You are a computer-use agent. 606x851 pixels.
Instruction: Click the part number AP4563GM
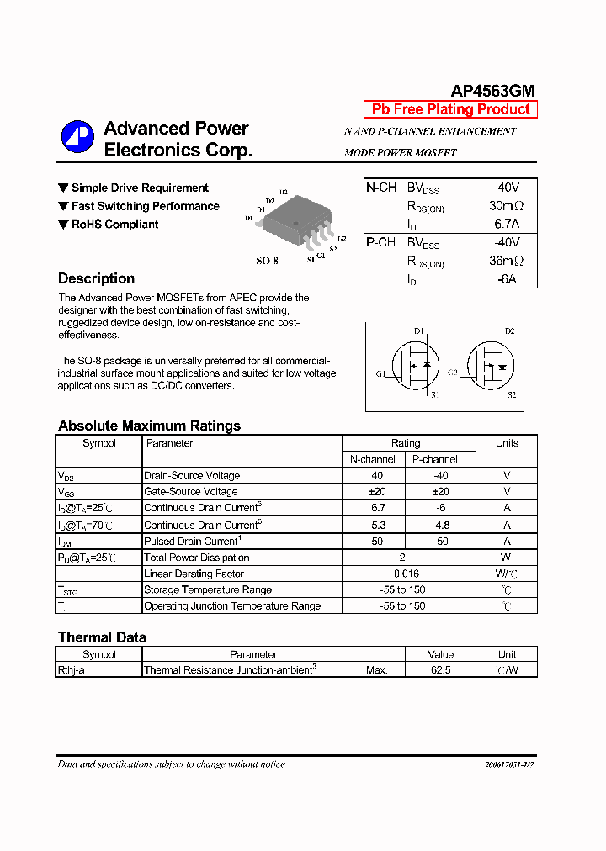point(492,92)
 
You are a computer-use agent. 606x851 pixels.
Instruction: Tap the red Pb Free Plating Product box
point(450,109)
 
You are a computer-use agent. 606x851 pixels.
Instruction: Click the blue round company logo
point(77,137)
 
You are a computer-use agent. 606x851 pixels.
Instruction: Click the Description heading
point(96,278)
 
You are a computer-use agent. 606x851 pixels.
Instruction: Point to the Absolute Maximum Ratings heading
point(149,425)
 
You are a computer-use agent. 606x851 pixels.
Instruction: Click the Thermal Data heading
point(102,637)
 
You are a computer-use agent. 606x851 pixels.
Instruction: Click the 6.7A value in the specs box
point(507,224)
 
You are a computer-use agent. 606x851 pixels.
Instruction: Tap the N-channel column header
point(373,459)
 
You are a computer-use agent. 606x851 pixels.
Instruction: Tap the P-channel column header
point(434,459)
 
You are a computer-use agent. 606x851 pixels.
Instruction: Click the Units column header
point(507,443)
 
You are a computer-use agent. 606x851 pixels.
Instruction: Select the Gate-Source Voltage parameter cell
point(191,492)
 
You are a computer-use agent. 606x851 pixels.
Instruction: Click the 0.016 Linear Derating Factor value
point(406,573)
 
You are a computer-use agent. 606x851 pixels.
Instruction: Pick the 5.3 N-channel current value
point(378,525)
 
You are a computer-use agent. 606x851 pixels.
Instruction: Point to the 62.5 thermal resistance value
point(440,670)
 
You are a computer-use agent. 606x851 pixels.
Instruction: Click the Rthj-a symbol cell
point(72,670)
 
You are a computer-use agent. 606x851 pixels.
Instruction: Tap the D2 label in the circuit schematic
point(509,331)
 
